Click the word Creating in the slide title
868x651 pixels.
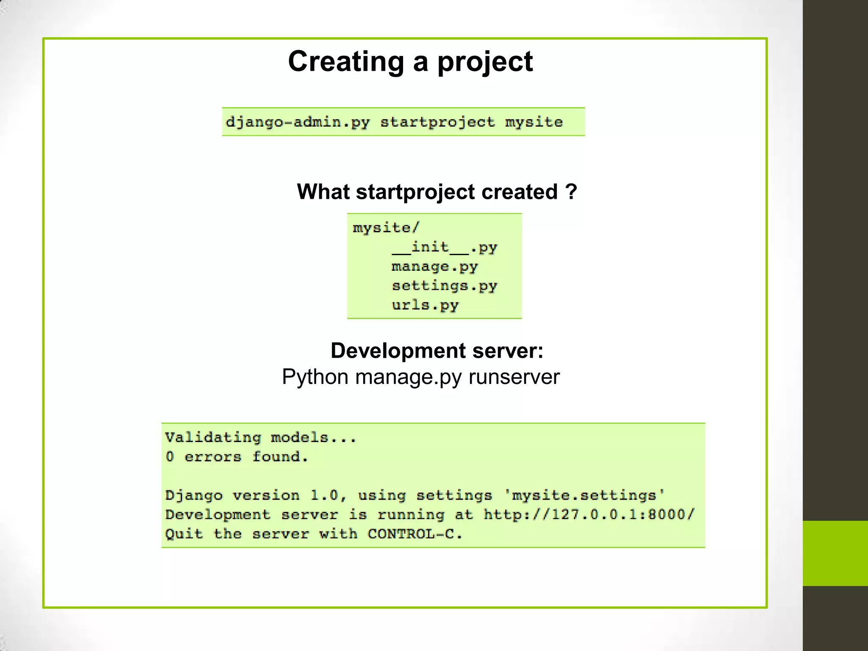pyautogui.click(x=346, y=62)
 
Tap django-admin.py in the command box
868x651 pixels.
pyautogui.click(x=298, y=122)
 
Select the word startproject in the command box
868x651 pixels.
pyautogui.click(x=437, y=122)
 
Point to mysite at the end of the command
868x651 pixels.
pyautogui.click(x=534, y=122)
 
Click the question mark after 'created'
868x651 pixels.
pyautogui.click(x=571, y=192)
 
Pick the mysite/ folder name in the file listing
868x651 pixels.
pyautogui.click(x=386, y=228)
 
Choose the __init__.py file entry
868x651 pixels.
pyautogui.click(x=444, y=247)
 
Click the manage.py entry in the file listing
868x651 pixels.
pyautogui.click(x=434, y=267)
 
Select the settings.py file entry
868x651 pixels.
pyautogui.click(x=444, y=286)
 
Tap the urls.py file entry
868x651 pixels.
pyautogui.click(x=425, y=306)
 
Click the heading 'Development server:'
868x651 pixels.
pyautogui.click(x=437, y=351)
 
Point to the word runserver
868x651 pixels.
pyautogui.click(x=514, y=377)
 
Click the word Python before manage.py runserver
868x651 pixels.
pyautogui.click(x=315, y=377)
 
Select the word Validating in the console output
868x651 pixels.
pyautogui.click(x=213, y=437)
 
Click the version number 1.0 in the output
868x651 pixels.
pyautogui.click(x=324, y=495)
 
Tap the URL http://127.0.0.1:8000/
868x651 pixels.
pyautogui.click(x=589, y=515)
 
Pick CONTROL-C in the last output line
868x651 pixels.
pyautogui.click(x=414, y=534)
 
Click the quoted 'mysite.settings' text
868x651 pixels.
pyautogui.click(x=584, y=495)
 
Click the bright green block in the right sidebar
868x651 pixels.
pyautogui.click(x=835, y=553)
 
